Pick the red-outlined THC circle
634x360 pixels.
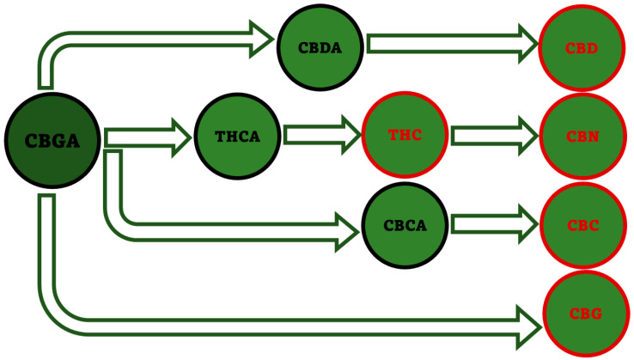[x=405, y=136]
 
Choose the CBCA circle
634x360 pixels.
[x=405, y=226]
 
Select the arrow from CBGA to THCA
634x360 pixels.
[x=146, y=136]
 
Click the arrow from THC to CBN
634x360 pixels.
[x=493, y=136]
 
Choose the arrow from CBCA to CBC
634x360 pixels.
[x=493, y=225]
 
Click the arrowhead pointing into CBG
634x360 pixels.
[x=526, y=324]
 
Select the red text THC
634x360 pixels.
[x=405, y=136]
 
